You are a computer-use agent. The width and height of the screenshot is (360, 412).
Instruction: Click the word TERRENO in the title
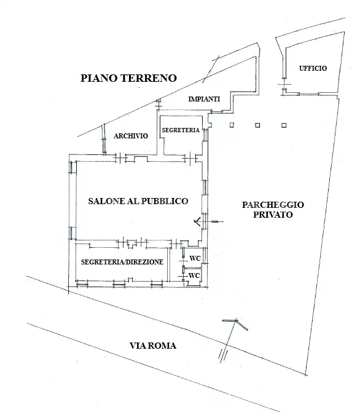click(150, 79)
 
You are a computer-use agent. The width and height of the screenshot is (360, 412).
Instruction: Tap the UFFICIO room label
click(313, 68)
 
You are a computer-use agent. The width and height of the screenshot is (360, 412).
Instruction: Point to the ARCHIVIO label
click(131, 137)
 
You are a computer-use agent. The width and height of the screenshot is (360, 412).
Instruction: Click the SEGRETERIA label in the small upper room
click(180, 130)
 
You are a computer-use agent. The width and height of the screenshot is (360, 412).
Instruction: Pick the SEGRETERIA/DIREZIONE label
click(122, 261)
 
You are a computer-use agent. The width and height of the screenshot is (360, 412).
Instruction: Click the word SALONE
click(109, 201)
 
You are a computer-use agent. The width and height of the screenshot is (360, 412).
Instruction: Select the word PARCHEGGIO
click(273, 205)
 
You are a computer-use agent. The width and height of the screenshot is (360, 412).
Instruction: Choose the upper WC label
click(195, 258)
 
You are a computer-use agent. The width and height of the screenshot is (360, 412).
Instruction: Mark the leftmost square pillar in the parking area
click(232, 125)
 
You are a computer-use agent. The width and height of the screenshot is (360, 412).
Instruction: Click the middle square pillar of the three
click(257, 125)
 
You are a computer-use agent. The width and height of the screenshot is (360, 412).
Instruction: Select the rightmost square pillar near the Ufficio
click(283, 125)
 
